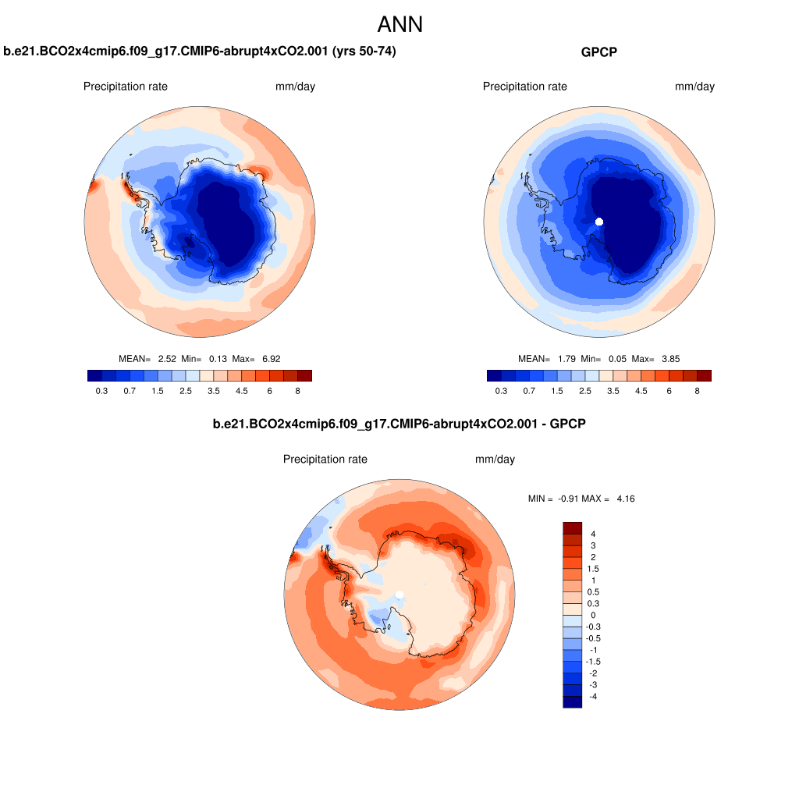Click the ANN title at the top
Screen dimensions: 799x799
(399, 24)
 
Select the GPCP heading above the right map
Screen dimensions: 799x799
(598, 52)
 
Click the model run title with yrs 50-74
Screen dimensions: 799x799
(204, 52)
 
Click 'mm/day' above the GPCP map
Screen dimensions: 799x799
(694, 87)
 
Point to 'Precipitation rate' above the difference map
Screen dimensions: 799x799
(325, 460)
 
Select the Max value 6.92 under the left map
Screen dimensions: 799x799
(272, 359)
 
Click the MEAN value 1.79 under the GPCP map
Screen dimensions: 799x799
(566, 359)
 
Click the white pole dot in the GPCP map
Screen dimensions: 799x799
(599, 222)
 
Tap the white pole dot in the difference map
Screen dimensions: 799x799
(399, 595)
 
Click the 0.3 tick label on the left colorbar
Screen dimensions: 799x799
(101, 391)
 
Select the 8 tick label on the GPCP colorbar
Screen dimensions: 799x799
(697, 391)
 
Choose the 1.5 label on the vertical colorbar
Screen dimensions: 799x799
(594, 569)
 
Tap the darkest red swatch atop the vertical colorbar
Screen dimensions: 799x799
(572, 528)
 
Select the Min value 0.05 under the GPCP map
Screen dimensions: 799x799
(615, 359)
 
